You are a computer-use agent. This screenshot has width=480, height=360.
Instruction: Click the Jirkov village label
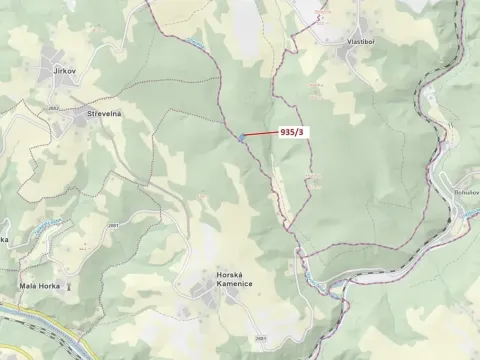pyautogui.click(x=66, y=72)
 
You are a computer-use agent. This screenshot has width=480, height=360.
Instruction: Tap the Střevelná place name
pyautogui.click(x=104, y=114)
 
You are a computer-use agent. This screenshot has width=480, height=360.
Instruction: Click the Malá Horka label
pyautogui.click(x=41, y=285)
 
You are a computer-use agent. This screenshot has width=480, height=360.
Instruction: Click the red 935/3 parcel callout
pyautogui.click(x=294, y=130)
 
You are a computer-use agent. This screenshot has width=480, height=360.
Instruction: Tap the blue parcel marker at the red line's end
pyautogui.click(x=241, y=137)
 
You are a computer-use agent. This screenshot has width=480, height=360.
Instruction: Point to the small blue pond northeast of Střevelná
pyautogui.click(x=191, y=41)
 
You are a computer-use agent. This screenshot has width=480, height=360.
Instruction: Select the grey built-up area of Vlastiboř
pyautogui.click(x=349, y=56)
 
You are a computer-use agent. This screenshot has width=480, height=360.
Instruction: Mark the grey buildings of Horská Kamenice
pyautogui.click(x=205, y=290)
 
